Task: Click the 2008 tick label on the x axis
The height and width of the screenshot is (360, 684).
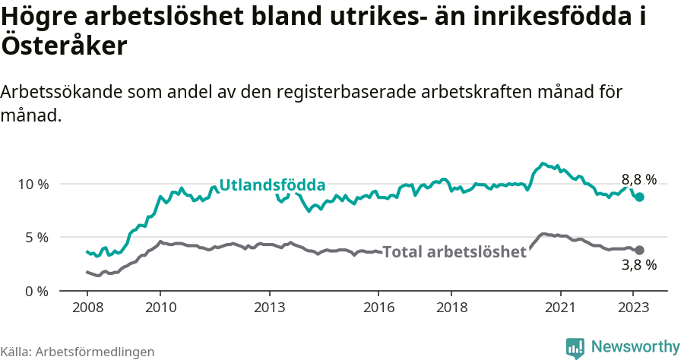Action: (x=87, y=308)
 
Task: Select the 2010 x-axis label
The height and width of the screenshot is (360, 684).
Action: (x=160, y=308)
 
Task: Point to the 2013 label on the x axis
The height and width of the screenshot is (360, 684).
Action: (x=269, y=308)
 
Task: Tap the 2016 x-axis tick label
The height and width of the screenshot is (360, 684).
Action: (x=378, y=308)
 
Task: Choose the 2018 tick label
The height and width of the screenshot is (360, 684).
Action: (x=451, y=308)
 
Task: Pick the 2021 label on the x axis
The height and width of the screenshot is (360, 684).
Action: (x=561, y=308)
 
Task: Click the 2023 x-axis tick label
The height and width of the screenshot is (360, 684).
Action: (x=634, y=308)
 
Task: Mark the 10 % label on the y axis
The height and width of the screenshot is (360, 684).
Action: (x=33, y=184)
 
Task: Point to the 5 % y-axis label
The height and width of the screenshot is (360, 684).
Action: (x=37, y=237)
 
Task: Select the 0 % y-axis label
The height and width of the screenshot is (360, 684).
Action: (x=37, y=291)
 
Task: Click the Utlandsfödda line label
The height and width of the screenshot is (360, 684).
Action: (x=272, y=185)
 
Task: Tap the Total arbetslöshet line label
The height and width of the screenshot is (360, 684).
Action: (x=454, y=252)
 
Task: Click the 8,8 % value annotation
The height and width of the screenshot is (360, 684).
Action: (x=638, y=179)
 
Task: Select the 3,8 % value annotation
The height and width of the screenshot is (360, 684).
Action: (x=638, y=265)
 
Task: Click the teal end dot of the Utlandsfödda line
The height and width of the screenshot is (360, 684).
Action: (x=639, y=197)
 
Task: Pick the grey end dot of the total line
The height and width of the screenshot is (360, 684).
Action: (x=639, y=250)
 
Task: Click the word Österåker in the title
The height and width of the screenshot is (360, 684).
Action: (x=64, y=46)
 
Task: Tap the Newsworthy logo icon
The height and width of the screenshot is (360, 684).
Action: (x=575, y=348)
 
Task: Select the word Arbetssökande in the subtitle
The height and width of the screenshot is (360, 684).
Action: (x=62, y=92)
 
